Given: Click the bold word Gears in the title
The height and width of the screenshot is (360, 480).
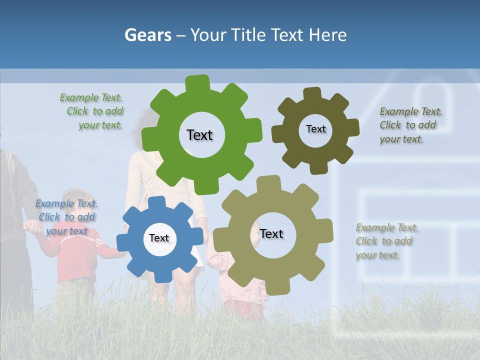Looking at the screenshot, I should point(147,35).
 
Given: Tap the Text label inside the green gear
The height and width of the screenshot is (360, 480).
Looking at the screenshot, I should point(199,135).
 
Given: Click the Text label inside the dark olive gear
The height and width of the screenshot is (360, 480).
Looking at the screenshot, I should point(315,129).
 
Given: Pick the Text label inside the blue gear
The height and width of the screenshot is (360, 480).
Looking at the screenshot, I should point(159,238).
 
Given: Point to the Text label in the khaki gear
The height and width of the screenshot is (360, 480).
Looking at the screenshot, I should point(271,234).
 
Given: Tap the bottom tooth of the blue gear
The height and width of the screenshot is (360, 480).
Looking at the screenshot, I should point(162,275).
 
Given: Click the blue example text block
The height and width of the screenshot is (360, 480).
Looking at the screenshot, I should point(66,217).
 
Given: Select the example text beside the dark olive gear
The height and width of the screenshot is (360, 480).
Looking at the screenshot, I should point(410,125).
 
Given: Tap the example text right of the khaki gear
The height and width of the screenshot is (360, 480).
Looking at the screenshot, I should point(386,241).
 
